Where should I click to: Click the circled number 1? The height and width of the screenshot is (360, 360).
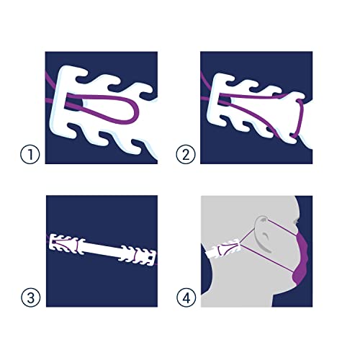pyautogui.click(x=30, y=155)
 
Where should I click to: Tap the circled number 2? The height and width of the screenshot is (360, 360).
pyautogui.click(x=186, y=155)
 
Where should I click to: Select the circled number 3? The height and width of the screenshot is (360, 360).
pyautogui.click(x=30, y=297)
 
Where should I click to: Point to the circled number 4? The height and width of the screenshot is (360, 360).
pyautogui.click(x=186, y=297)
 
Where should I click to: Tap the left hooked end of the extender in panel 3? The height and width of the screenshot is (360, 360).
pyautogui.click(x=64, y=243)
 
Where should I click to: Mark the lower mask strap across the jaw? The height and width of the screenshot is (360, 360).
pyautogui.click(x=266, y=258)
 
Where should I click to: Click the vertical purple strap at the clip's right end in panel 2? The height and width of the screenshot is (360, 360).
pyautogui.click(x=300, y=117)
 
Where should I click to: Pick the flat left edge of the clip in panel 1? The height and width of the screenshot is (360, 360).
pyautogui.click(x=55, y=103)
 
